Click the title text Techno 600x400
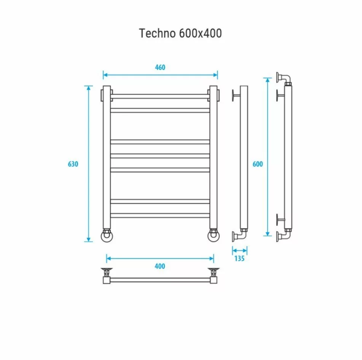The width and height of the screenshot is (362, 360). pyautogui.click(x=180, y=33)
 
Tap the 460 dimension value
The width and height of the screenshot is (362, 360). pyautogui.click(x=160, y=67)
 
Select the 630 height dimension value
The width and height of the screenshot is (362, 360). pyautogui.click(x=73, y=164)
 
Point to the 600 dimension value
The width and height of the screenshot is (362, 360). pyautogui.click(x=258, y=164)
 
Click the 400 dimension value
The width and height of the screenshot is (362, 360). pyautogui.click(x=160, y=266)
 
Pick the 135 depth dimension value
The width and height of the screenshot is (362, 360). pyautogui.click(x=239, y=259)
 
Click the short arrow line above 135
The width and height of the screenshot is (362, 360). pyautogui.click(x=239, y=250)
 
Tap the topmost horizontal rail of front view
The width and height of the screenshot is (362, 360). pyautogui.click(x=160, y=96)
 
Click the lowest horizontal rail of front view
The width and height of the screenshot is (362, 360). pyautogui.click(x=160, y=215)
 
